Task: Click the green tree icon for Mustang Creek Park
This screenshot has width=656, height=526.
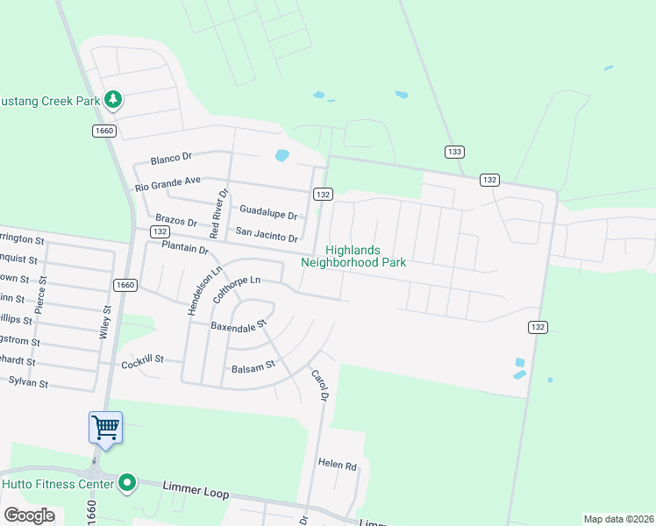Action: tap(112, 100)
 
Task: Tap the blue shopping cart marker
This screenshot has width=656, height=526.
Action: tap(105, 428)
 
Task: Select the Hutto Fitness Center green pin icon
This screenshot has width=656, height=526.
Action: tap(127, 482)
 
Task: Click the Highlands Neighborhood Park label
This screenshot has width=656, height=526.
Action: tap(353, 255)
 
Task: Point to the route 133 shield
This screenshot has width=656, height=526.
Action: tap(453, 152)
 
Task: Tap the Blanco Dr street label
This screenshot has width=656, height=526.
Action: tap(171, 159)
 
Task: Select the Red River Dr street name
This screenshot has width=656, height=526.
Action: tap(217, 213)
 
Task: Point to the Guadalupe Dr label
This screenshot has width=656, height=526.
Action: tap(268, 211)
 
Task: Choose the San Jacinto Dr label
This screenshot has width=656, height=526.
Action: tap(267, 233)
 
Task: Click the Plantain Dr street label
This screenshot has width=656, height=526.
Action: tap(184, 249)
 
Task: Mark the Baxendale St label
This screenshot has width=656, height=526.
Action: tap(238, 325)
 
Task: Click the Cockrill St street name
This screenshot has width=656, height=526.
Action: tap(142, 359)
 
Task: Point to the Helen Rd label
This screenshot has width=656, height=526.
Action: tap(338, 464)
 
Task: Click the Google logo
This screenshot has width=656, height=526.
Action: tap(29, 515)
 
